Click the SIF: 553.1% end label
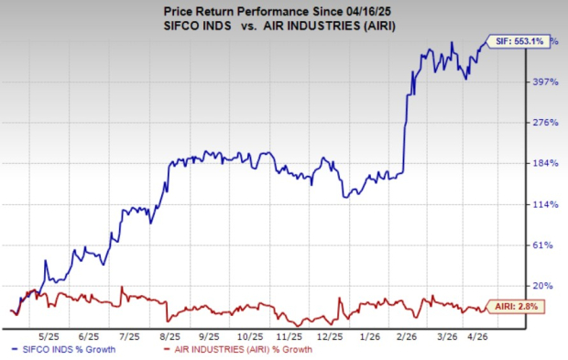[522, 42]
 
